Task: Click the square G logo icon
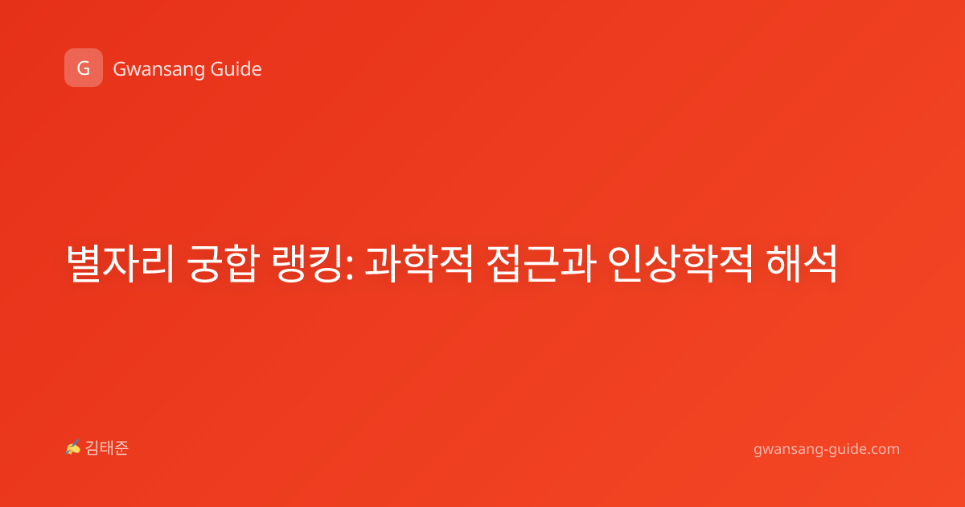(84, 68)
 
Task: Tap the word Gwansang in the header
(158, 69)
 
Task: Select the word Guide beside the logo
(236, 68)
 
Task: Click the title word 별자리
(120, 263)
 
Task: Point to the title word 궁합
(224, 263)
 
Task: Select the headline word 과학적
(419, 263)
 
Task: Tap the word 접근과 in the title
(541, 263)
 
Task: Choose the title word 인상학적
(680, 263)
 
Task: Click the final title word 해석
(802, 263)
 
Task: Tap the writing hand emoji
(72, 447)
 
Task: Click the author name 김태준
(107, 448)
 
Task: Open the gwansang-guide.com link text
(827, 449)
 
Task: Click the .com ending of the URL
(882, 449)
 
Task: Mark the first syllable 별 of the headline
(84, 263)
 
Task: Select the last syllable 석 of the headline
(820, 263)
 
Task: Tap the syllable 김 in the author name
(92, 448)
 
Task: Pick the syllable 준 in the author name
(121, 448)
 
